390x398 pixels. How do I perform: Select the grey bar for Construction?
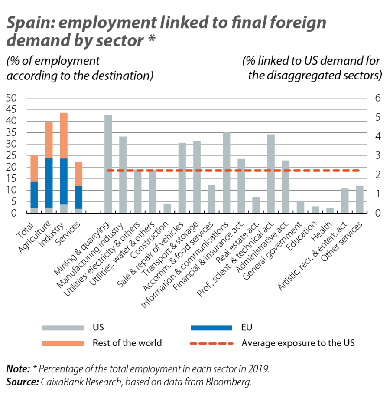[167, 208]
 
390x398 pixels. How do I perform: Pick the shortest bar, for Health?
[330, 210]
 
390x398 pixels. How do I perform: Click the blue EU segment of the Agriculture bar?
[49, 183]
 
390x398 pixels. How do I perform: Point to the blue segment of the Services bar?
[78, 197]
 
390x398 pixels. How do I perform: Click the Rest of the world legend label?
[127, 343]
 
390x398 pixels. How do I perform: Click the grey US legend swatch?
[63, 327]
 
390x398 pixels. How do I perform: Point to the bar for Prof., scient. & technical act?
[271, 174]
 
